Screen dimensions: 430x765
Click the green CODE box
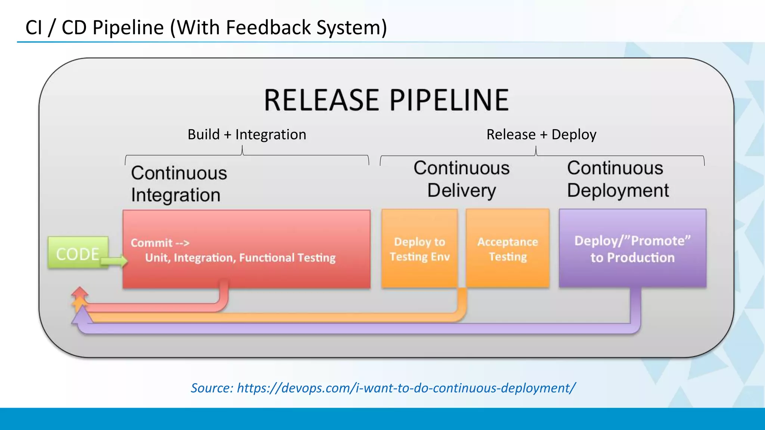78,253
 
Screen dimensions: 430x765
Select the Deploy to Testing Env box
419,249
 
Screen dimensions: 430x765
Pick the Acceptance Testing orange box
508,249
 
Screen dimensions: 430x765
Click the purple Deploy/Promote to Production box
632,249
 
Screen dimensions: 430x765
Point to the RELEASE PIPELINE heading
386,100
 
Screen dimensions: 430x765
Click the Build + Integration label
247,134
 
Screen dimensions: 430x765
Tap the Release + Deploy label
541,134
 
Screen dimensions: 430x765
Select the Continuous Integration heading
179,184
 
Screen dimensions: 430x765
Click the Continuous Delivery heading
462,179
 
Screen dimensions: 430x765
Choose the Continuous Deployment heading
618,179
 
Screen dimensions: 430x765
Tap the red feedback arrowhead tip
80,289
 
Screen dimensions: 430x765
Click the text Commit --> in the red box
160,243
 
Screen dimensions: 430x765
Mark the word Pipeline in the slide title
128,28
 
